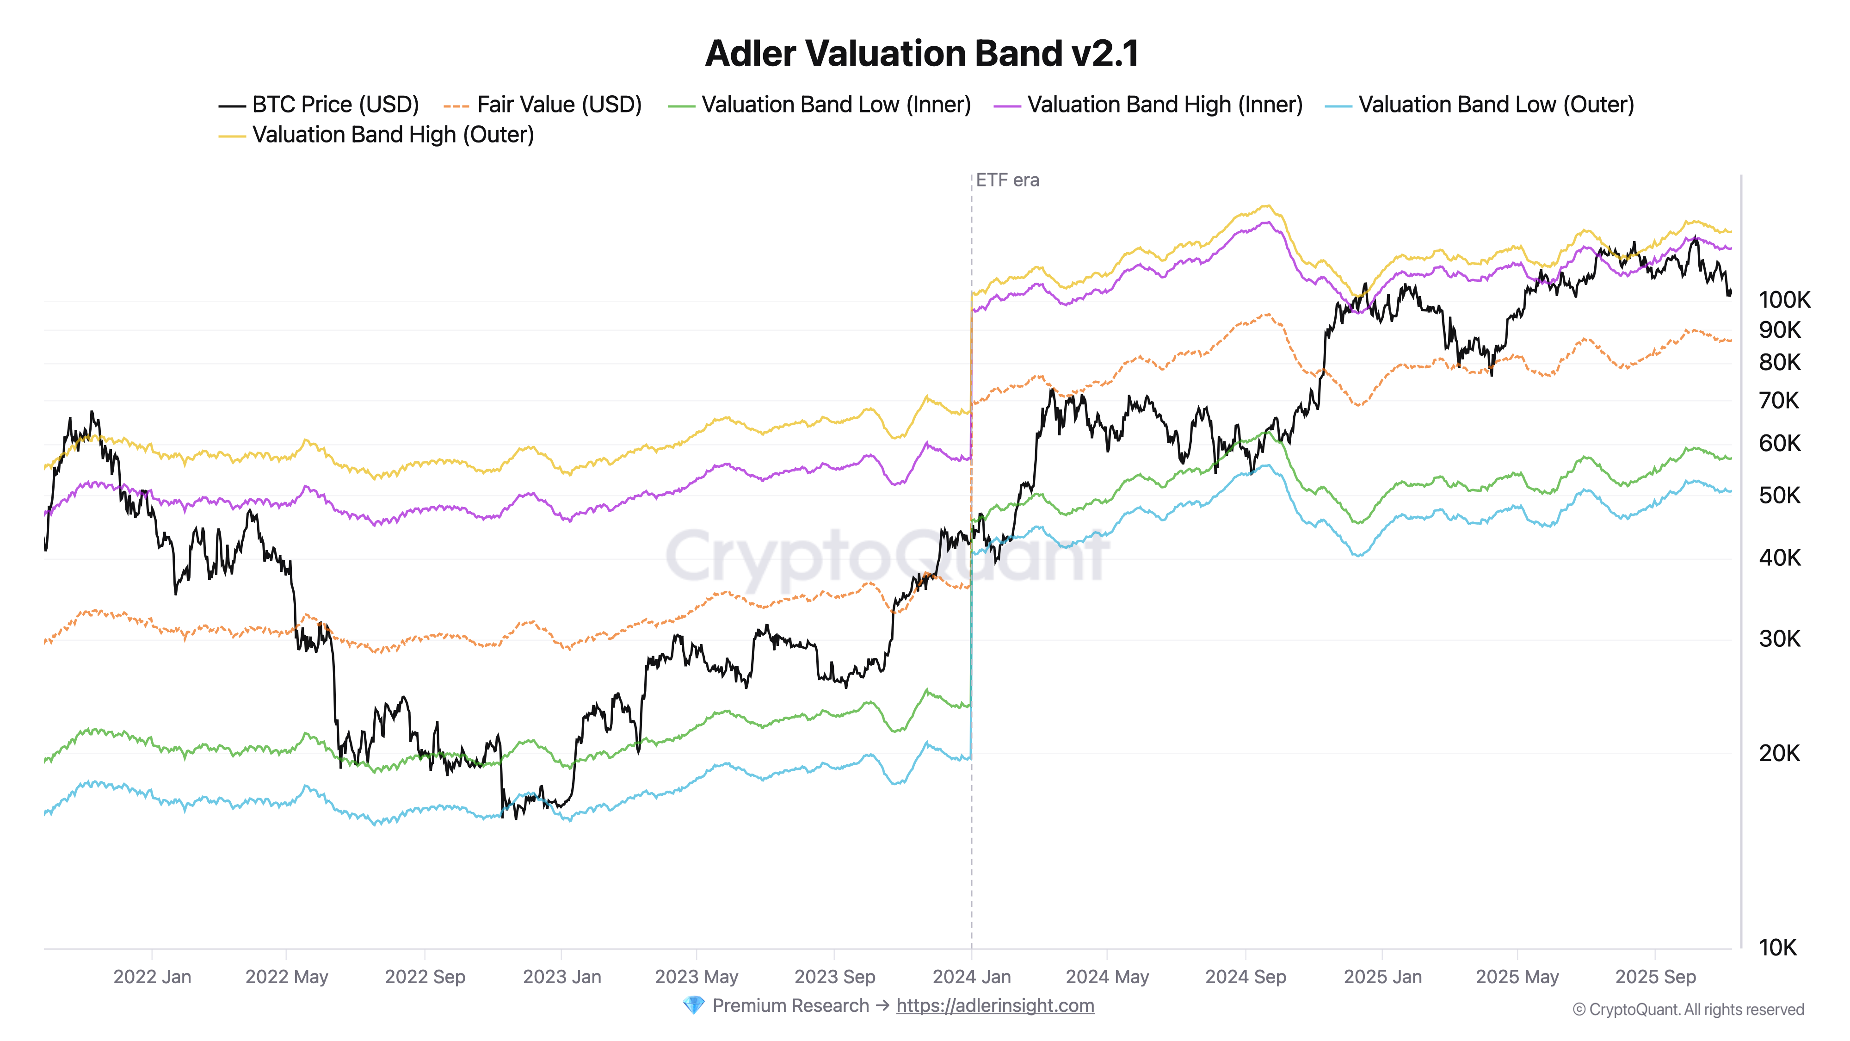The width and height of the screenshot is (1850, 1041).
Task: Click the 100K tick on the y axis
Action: click(1784, 300)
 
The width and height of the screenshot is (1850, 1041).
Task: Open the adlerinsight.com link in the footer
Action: click(995, 1006)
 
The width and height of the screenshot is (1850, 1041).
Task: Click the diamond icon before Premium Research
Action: click(693, 1006)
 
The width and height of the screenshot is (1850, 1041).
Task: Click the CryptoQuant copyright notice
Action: click(1688, 1010)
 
